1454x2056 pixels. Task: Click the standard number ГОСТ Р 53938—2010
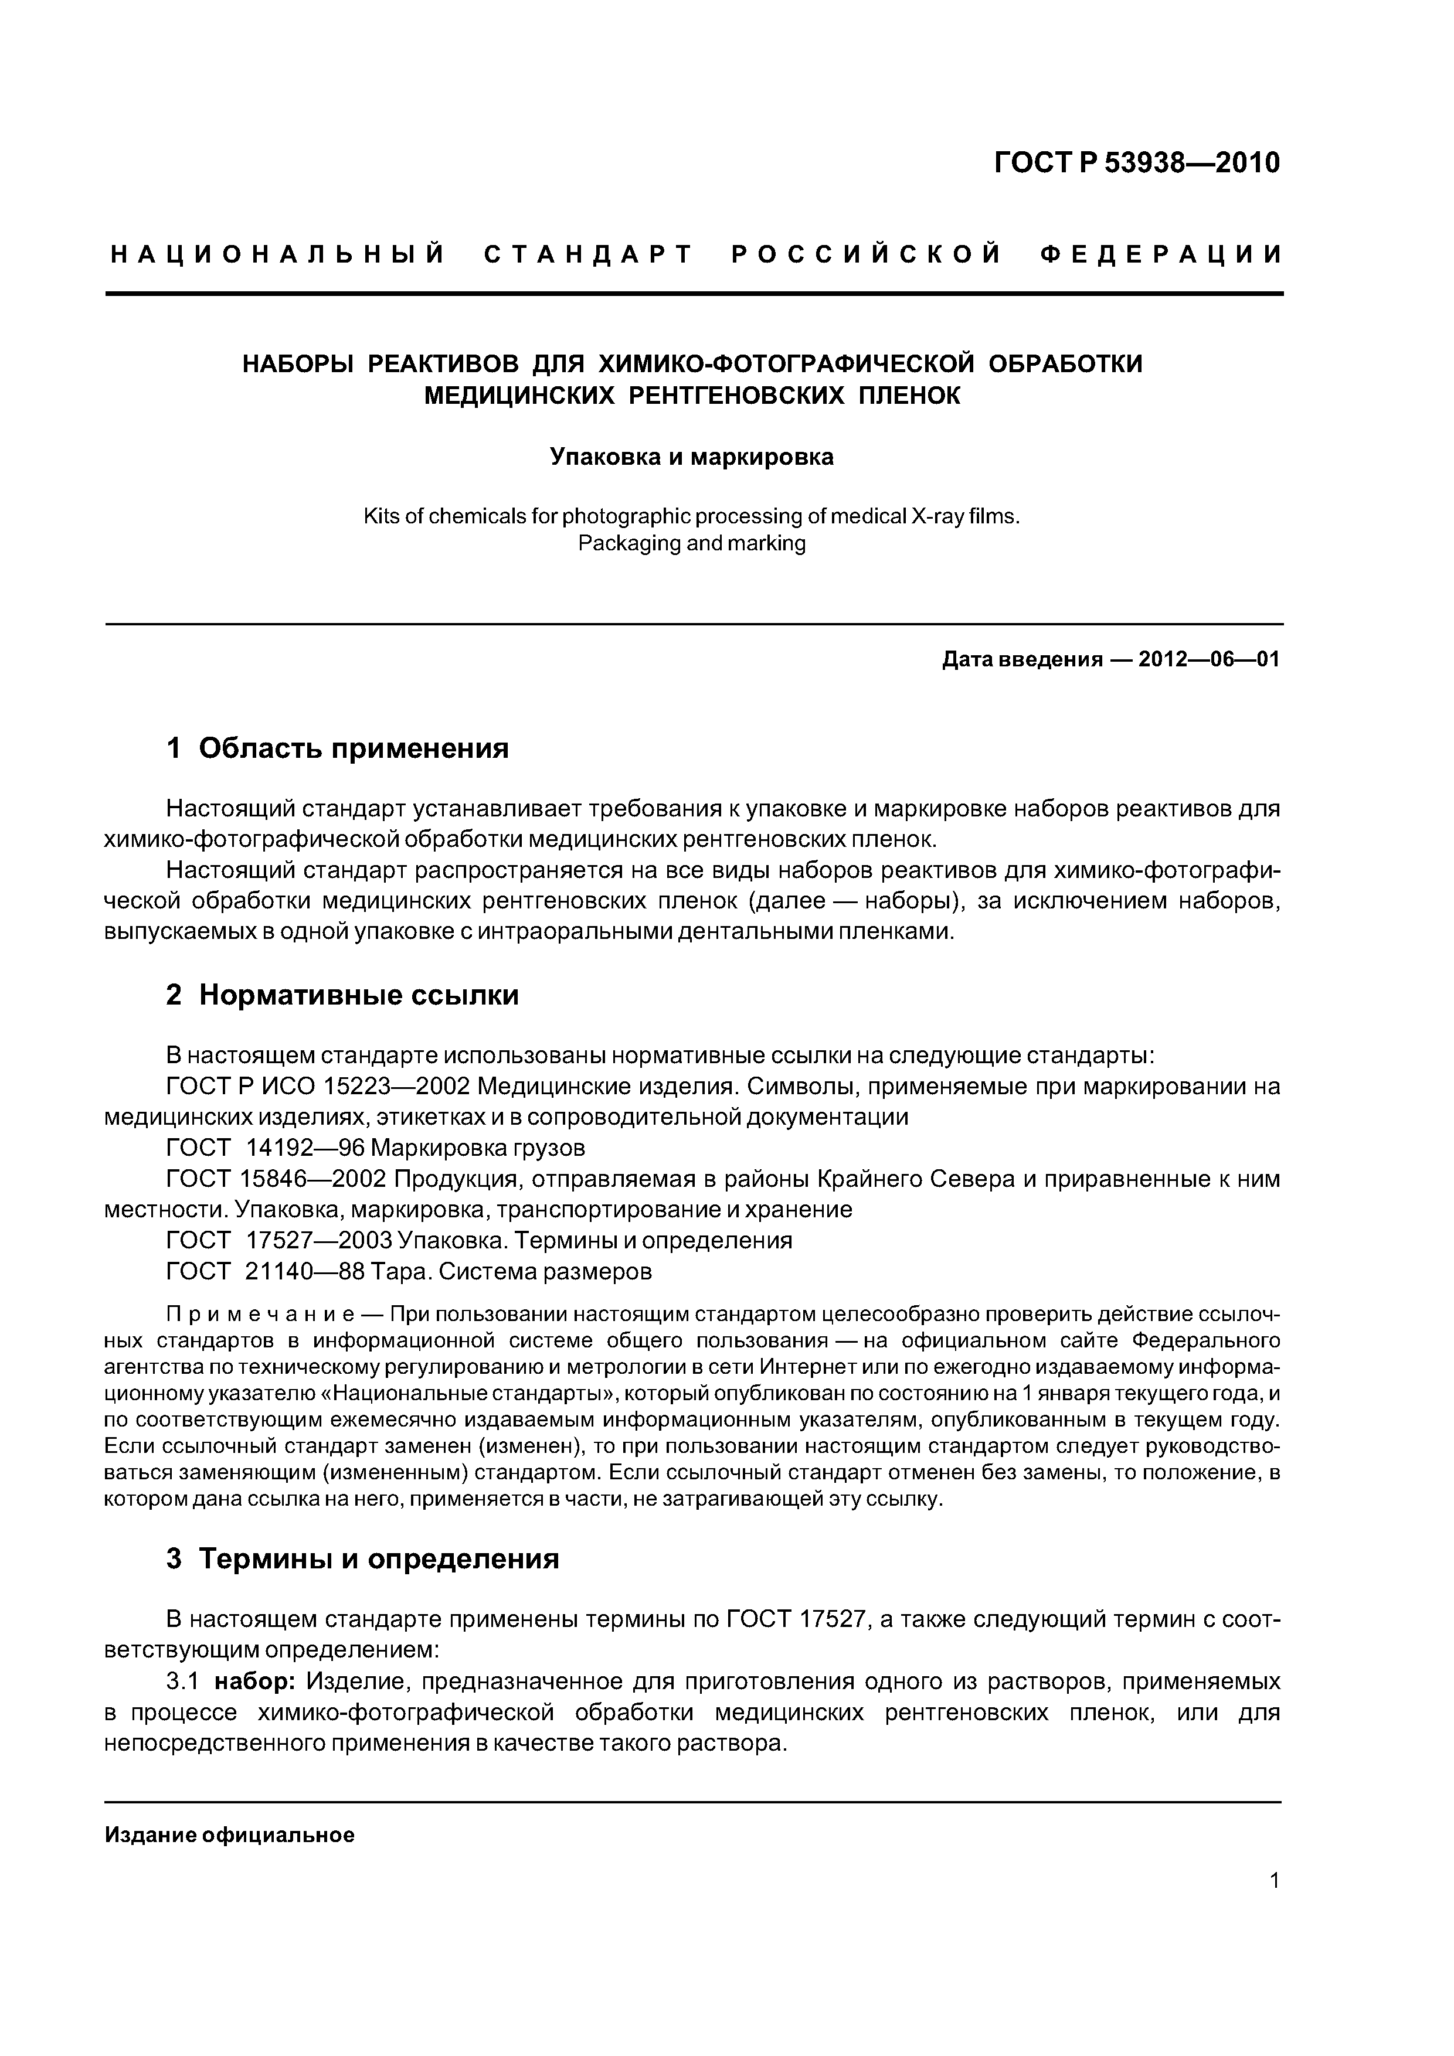click(x=1136, y=163)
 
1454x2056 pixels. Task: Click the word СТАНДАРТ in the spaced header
click(x=589, y=255)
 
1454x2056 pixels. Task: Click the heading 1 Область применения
click(x=338, y=748)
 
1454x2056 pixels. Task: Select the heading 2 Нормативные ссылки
click(x=342, y=995)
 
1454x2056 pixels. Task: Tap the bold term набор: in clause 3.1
click(x=255, y=1683)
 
